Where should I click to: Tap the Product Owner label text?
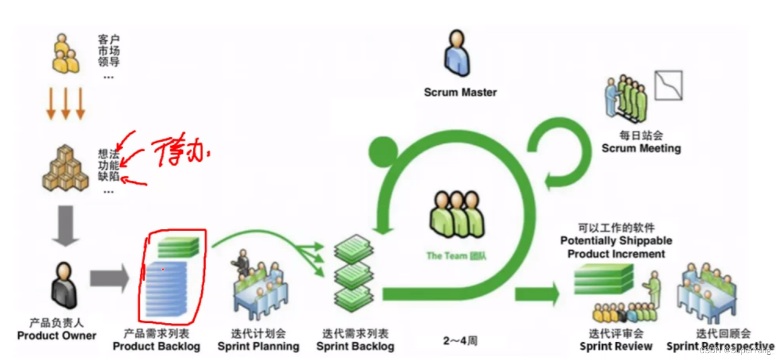point(56,335)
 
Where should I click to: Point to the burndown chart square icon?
point(668,86)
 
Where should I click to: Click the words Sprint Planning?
point(258,346)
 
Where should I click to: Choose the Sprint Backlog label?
point(355,346)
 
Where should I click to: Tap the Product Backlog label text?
point(156,346)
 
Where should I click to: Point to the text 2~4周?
point(460,341)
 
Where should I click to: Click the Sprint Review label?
point(616,346)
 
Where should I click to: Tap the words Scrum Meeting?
point(641,148)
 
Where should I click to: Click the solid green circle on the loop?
point(384,152)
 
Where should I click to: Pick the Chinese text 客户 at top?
point(109,39)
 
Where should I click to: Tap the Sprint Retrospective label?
point(720,346)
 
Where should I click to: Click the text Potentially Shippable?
point(616,241)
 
